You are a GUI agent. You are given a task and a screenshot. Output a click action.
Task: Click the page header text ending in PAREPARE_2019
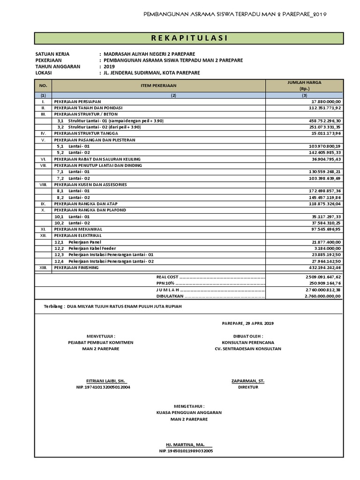click(x=235, y=14)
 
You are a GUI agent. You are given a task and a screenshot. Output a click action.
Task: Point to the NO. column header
click(x=43, y=85)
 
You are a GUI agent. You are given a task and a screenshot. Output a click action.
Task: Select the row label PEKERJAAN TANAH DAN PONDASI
click(x=85, y=107)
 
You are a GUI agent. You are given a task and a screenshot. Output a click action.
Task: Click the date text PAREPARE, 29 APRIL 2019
click(x=247, y=323)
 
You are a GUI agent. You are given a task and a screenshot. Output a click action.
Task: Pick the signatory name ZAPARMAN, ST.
click(x=247, y=381)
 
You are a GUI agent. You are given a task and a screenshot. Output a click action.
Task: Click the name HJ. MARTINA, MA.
click(x=186, y=444)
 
